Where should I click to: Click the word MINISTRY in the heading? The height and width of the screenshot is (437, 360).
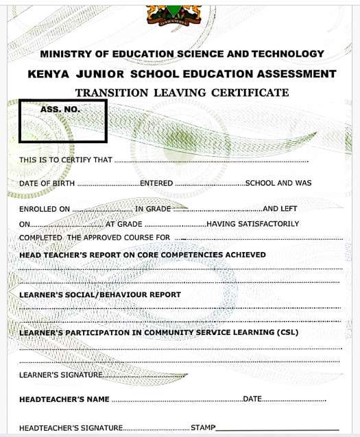pos(67,54)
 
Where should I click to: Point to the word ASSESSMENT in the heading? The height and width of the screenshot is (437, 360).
pos(296,74)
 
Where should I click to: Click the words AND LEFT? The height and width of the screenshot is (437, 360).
pos(280,208)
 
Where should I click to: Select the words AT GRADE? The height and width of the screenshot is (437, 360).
pos(123,224)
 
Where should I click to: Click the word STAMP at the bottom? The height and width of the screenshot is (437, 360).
pos(203,428)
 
